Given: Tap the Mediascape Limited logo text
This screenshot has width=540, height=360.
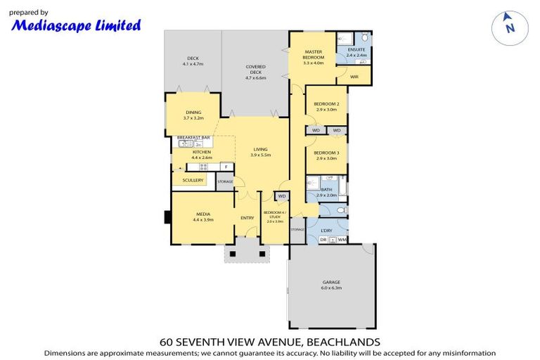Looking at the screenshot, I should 77,25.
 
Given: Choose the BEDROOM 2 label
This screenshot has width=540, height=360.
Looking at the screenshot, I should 326,104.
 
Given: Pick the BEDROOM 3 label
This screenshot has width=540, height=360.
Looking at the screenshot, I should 326,153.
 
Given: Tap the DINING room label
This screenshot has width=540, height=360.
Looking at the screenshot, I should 193,112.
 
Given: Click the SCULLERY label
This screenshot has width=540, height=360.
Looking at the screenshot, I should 193,180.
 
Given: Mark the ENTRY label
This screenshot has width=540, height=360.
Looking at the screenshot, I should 247,218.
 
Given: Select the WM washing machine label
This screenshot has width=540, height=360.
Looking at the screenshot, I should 342,240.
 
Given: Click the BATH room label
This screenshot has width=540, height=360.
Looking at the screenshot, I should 326,189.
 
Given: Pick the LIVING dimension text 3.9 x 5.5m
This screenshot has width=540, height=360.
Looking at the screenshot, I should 262,155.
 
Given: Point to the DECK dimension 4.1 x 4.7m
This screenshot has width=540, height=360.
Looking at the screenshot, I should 193,64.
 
